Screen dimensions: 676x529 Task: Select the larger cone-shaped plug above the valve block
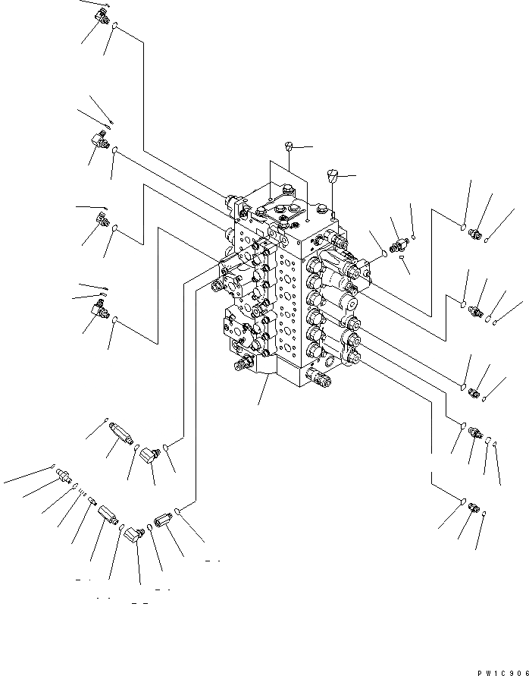coord(331,176)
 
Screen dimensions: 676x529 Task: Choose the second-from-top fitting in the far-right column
coord(476,310)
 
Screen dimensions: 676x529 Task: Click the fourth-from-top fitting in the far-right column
coord(474,432)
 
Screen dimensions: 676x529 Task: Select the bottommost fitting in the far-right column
coord(472,507)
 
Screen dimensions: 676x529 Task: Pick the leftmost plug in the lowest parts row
coord(65,476)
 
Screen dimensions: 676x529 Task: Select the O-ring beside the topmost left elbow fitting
coord(114,29)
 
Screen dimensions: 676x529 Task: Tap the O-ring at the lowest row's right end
coord(177,510)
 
